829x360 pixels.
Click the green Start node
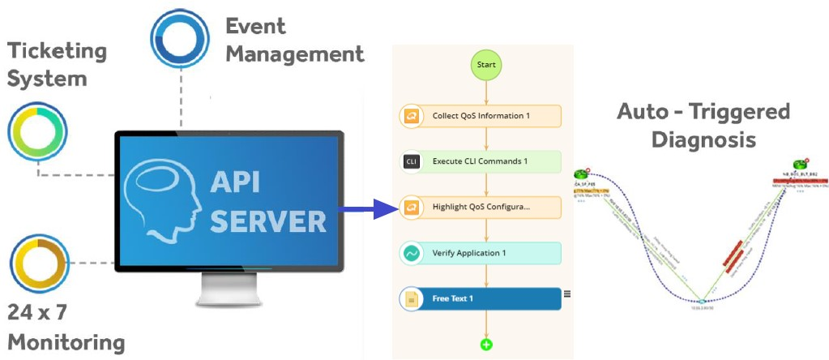(485, 64)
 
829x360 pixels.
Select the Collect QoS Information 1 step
(481, 116)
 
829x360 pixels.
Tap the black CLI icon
(411, 161)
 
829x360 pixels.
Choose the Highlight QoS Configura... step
(481, 207)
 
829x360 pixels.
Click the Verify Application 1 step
(481, 253)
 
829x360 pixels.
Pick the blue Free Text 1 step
(481, 298)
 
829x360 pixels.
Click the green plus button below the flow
(486, 345)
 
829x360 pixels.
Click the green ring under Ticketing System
(37, 132)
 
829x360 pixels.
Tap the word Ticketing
(57, 51)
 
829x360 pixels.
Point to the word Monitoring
(66, 341)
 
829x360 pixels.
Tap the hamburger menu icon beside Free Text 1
(567, 294)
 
